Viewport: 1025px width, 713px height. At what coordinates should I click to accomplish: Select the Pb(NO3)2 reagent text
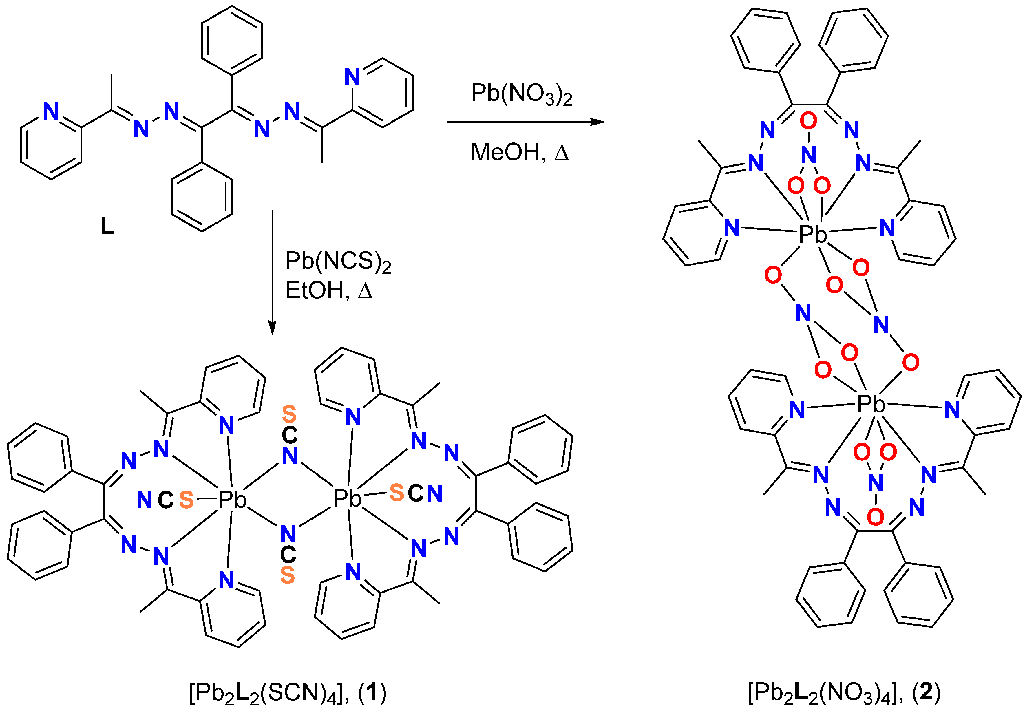click(x=521, y=94)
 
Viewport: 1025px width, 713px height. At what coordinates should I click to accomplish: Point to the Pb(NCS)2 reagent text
click(x=338, y=262)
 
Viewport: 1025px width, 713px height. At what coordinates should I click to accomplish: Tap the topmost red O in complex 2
click(x=808, y=120)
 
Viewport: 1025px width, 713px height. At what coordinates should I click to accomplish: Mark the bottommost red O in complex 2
click(x=876, y=517)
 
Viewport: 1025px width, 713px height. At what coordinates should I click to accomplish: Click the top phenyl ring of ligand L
click(x=232, y=40)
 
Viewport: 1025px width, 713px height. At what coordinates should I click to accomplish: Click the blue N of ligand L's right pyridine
click(x=352, y=77)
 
